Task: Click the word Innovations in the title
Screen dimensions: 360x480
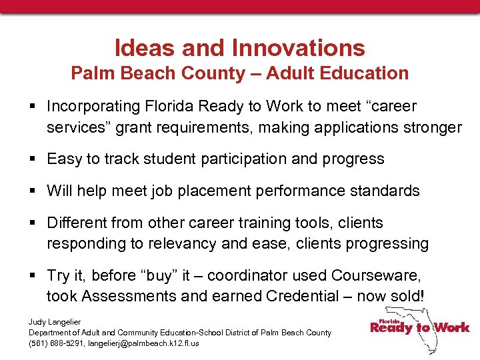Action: click(x=298, y=48)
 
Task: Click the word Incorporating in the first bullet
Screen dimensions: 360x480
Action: click(x=95, y=106)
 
